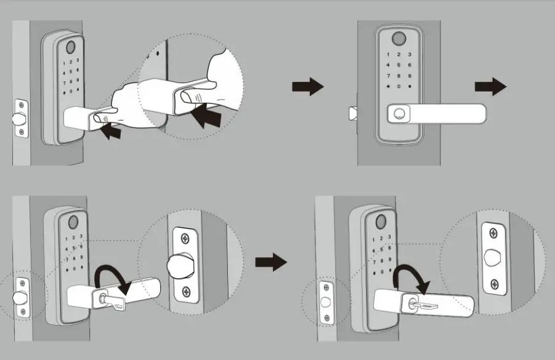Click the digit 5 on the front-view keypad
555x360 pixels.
tap(399, 65)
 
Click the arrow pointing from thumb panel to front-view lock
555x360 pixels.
tap(307, 87)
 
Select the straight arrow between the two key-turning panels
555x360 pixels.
tap(271, 263)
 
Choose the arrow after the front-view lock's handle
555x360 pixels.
tap(490, 87)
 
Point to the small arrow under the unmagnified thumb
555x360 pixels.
tap(110, 130)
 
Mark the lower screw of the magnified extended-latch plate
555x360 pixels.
tap(184, 290)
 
